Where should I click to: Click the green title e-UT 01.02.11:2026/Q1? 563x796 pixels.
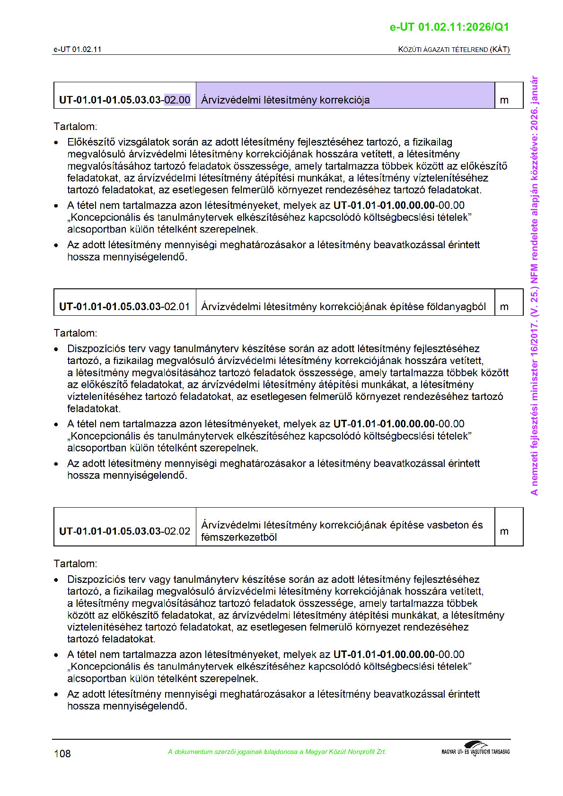pyautogui.click(x=449, y=27)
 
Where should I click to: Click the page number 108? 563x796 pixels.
pyautogui.click(x=62, y=753)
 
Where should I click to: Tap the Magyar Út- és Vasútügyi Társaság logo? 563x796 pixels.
pyautogui.click(x=475, y=749)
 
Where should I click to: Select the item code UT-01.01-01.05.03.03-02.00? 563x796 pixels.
pyautogui.click(x=124, y=100)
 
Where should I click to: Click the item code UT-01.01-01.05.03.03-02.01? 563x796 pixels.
pyautogui.click(x=124, y=306)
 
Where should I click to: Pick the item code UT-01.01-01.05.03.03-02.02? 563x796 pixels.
pyautogui.click(x=124, y=531)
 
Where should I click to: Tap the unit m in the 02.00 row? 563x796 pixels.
pyautogui.click(x=504, y=100)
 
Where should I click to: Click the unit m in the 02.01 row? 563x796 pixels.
pyautogui.click(x=504, y=306)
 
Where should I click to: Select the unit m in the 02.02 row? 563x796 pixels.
pyautogui.click(x=504, y=531)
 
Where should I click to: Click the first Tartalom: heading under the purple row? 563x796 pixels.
pyautogui.click(x=75, y=126)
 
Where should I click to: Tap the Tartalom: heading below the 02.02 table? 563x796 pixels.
pyautogui.click(x=75, y=563)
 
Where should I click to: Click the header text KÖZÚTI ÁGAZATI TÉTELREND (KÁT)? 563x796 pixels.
pyautogui.click(x=454, y=49)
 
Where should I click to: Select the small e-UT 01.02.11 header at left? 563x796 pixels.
pyautogui.click(x=77, y=49)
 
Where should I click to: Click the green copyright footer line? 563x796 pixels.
pyautogui.click(x=277, y=752)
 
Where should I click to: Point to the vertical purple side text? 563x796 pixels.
pyautogui.click(x=534, y=286)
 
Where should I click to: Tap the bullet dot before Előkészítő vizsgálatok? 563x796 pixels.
pyautogui.click(x=56, y=142)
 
